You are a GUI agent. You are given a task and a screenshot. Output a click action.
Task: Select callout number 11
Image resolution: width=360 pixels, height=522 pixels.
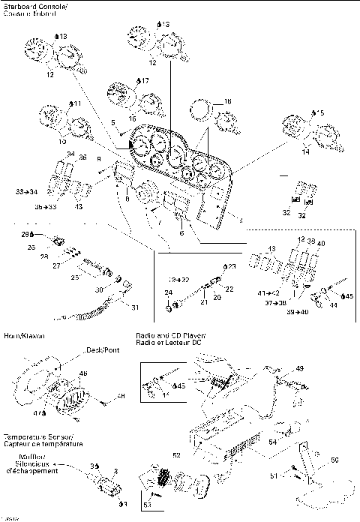pyautogui.click(x=76, y=103)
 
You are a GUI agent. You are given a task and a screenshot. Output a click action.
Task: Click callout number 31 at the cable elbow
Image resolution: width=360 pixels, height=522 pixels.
pyautogui.click(x=135, y=306)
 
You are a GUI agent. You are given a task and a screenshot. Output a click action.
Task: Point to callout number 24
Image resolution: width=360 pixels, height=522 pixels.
pyautogui.click(x=168, y=294)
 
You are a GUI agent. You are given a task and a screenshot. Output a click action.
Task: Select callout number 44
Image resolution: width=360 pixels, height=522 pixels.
pyautogui.click(x=332, y=306)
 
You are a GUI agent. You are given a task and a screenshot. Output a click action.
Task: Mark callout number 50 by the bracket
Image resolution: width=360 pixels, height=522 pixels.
pyautogui.click(x=335, y=459)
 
